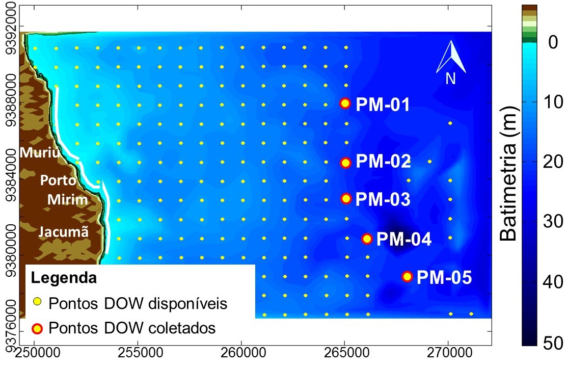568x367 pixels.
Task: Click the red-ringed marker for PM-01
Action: point(345,103)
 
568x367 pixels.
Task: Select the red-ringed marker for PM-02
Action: point(345,163)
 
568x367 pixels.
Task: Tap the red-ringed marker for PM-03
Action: point(346,198)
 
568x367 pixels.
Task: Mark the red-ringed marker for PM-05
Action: point(407,277)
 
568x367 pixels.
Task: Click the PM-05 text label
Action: point(444,277)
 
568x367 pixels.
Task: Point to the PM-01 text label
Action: point(383,104)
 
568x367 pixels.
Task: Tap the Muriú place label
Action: point(40,152)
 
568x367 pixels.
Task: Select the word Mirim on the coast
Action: point(68,199)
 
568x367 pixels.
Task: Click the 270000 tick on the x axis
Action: point(448,351)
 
